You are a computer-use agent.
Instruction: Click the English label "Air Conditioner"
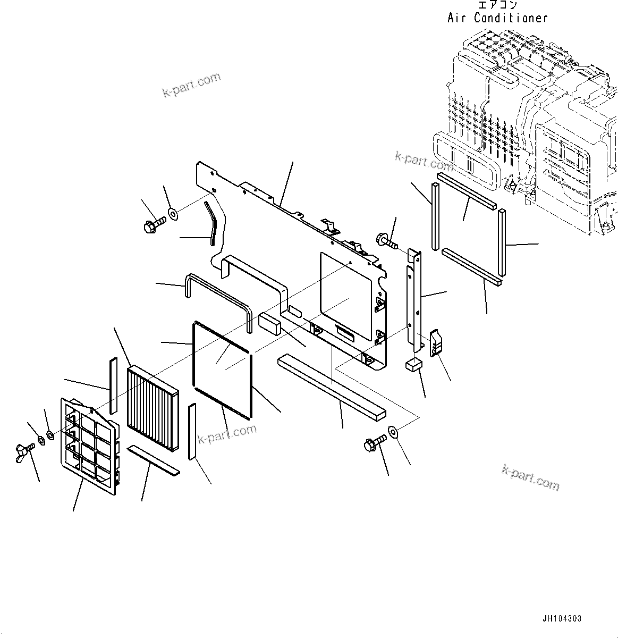point(497,18)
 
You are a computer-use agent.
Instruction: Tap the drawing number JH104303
point(562,619)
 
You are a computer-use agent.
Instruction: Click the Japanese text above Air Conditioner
point(497,5)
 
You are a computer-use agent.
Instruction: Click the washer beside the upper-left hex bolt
point(173,215)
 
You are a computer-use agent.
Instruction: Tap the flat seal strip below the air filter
point(155,460)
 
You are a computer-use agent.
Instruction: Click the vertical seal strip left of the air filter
point(112,385)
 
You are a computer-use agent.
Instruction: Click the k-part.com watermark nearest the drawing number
point(530,477)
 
